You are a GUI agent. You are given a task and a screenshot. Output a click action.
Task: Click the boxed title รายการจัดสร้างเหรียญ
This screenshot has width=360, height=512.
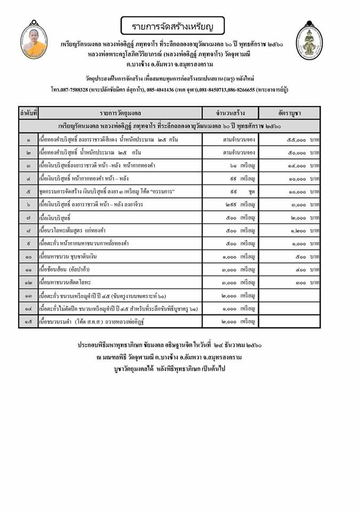172,25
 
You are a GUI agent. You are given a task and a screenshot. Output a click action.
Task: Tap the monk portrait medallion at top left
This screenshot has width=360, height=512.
31,41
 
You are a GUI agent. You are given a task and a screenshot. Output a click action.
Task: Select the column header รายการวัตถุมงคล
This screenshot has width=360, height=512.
121,113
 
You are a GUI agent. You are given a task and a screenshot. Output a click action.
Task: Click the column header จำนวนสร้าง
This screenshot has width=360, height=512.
230,113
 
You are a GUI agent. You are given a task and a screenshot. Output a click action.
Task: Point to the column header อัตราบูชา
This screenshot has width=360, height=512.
289,113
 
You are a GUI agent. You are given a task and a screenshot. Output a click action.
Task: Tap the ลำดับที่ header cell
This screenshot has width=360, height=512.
29,113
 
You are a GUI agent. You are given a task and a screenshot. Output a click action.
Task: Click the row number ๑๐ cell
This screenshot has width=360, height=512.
29,257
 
